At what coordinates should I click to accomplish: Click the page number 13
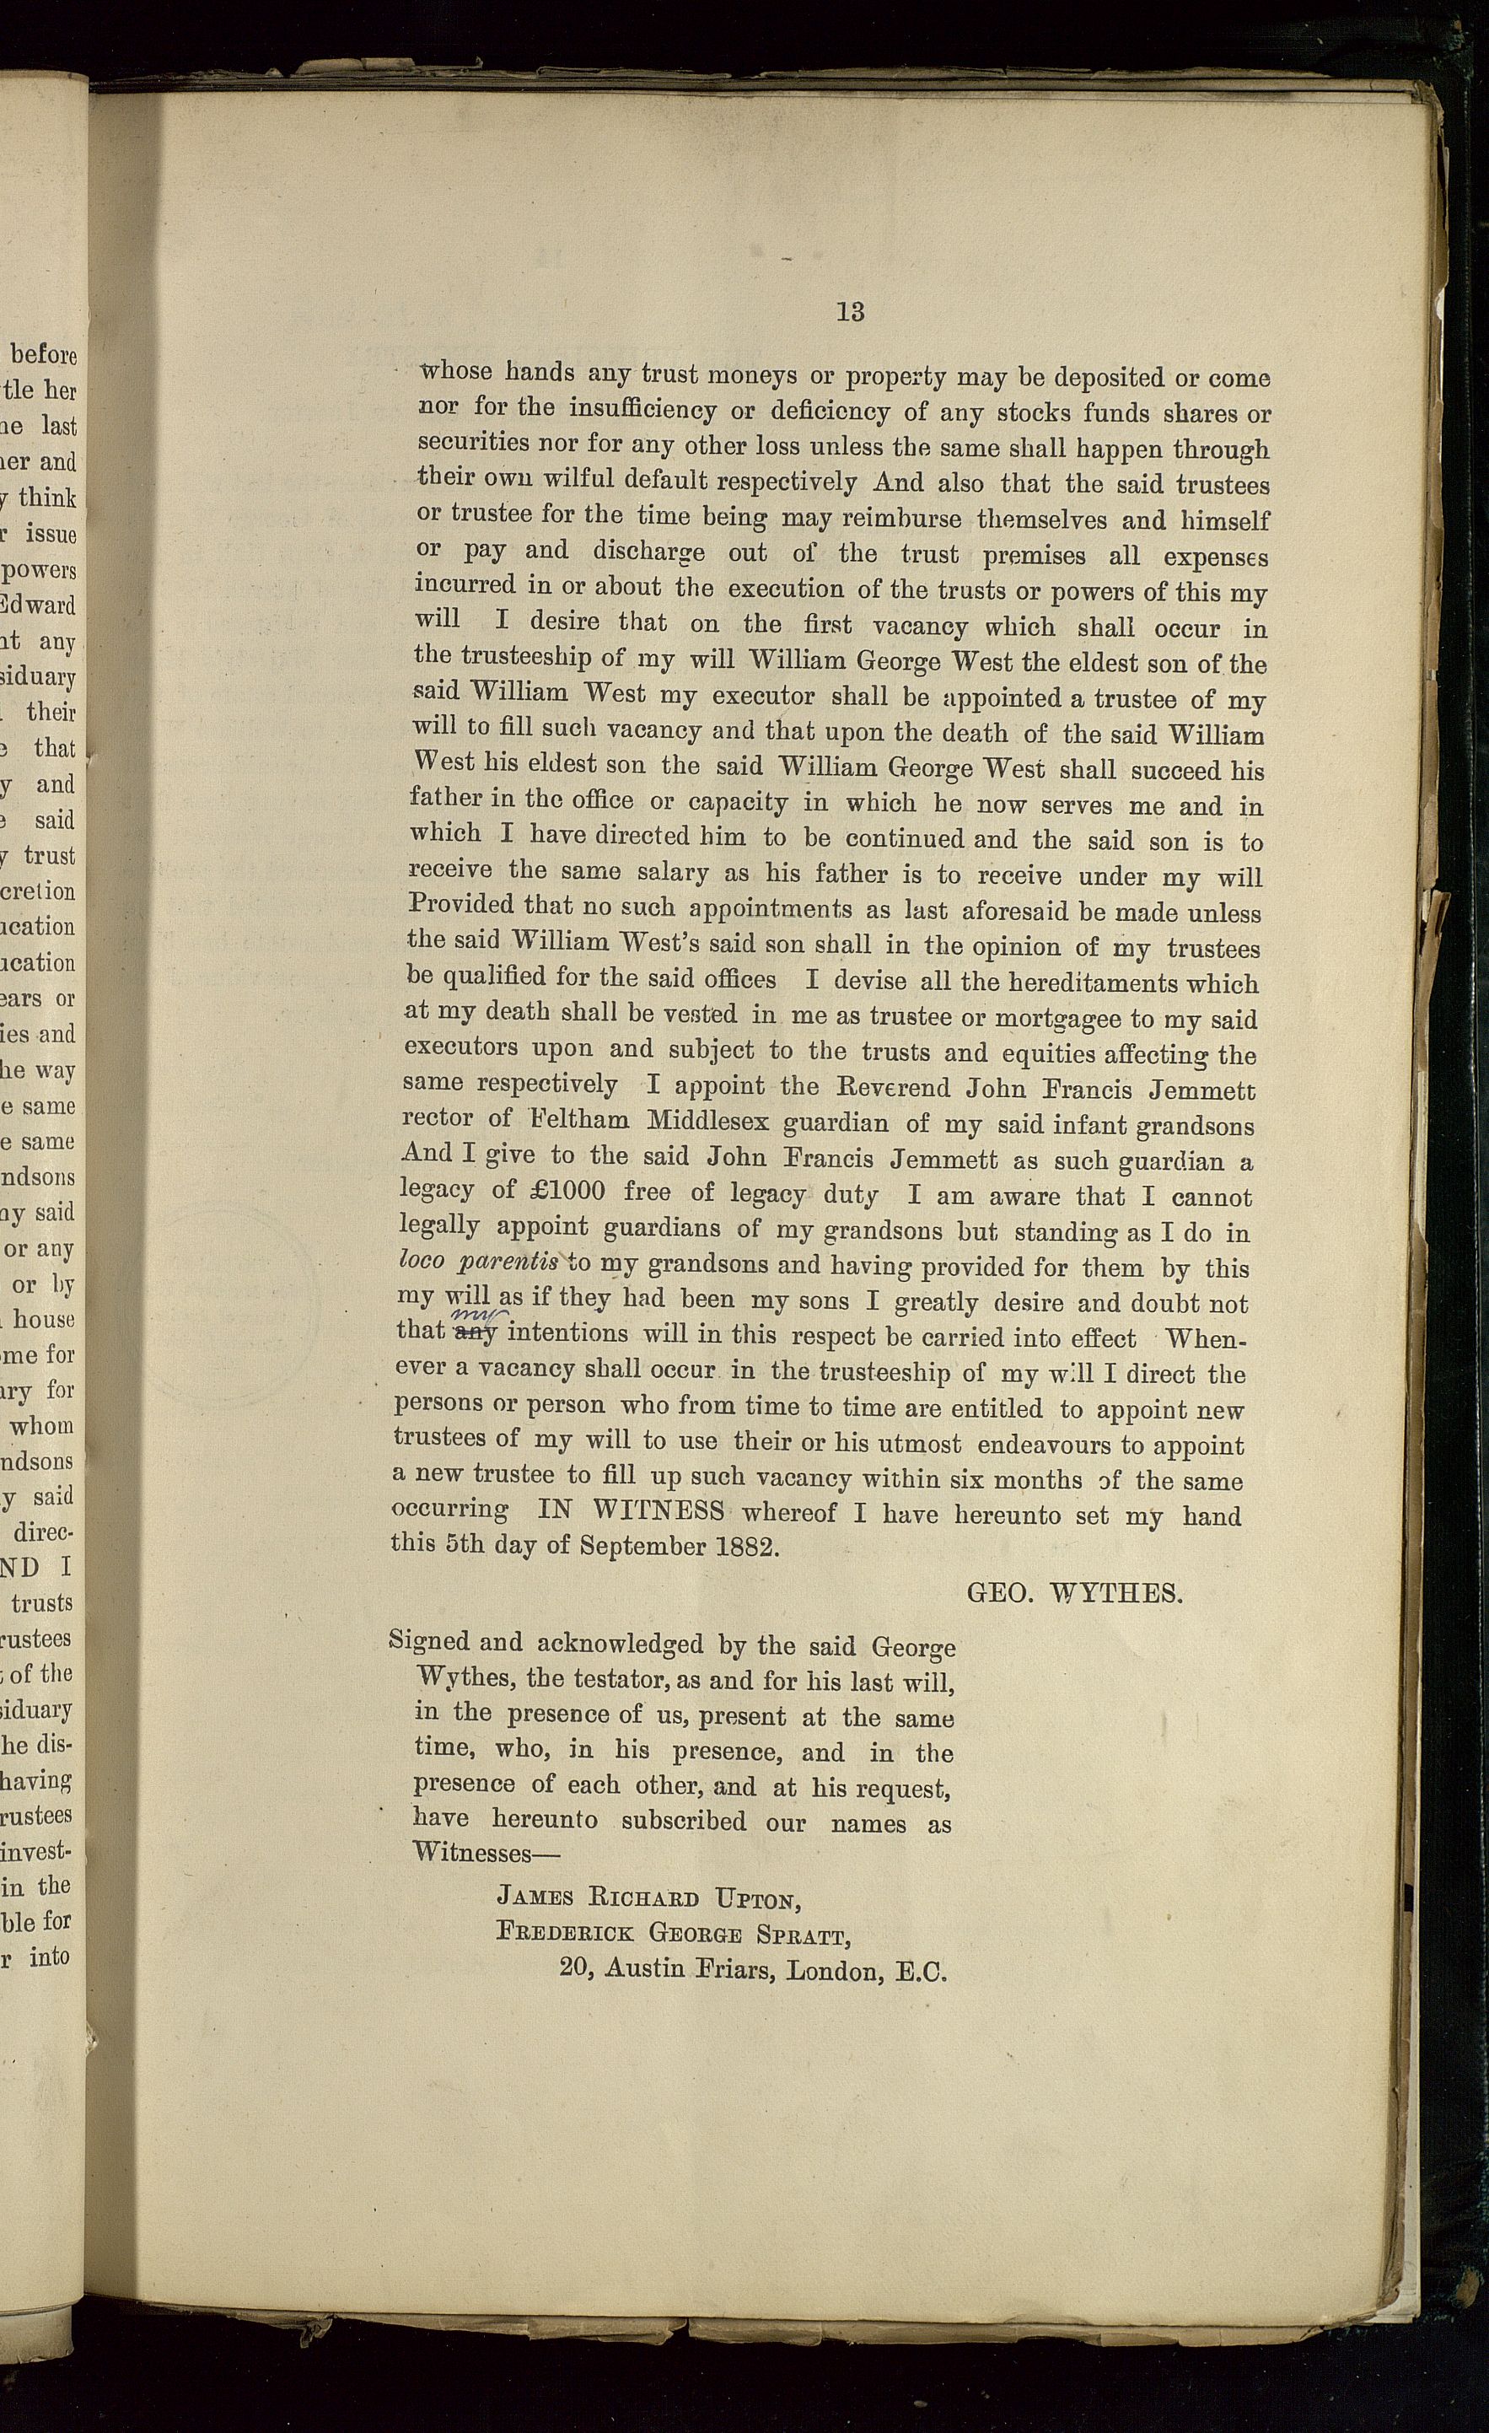point(850,312)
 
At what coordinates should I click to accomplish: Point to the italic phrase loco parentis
point(480,1264)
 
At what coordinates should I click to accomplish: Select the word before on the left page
point(44,353)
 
